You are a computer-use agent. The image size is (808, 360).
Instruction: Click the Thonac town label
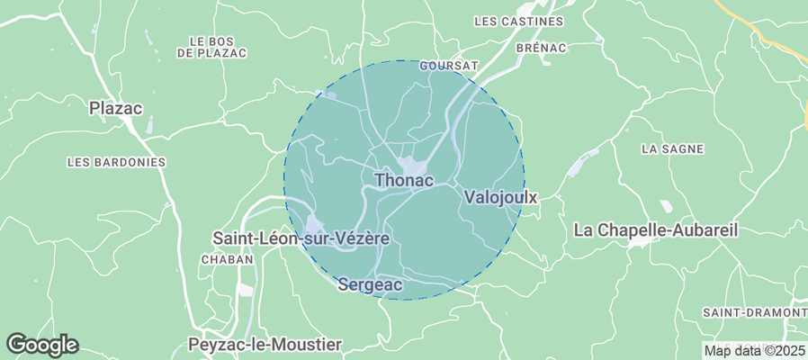pyautogui.click(x=404, y=180)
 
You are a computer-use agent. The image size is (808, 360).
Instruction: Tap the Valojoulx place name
pyautogui.click(x=500, y=196)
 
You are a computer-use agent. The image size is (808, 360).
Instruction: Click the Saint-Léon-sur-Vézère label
pyautogui.click(x=301, y=238)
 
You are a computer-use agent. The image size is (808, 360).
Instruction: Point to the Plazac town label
pyautogui.click(x=116, y=108)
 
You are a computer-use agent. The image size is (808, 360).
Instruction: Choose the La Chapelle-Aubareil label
pyautogui.click(x=655, y=230)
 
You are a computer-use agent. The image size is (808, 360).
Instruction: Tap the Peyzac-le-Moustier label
pyautogui.click(x=265, y=345)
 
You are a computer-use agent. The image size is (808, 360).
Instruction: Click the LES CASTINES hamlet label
pyautogui.click(x=517, y=21)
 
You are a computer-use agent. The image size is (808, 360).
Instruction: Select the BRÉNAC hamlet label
pyautogui.click(x=541, y=48)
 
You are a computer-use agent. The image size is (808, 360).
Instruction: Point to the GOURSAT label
pyautogui.click(x=449, y=66)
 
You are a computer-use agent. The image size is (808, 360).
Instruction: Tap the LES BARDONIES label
pyautogui.click(x=117, y=162)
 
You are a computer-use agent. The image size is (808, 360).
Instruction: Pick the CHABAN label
pyautogui.click(x=227, y=259)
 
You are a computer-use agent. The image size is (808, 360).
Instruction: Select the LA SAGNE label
pyautogui.click(x=672, y=148)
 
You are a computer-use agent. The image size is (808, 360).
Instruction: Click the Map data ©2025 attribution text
pyautogui.click(x=754, y=351)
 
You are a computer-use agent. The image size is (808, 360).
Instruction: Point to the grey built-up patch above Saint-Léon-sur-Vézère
pyautogui.click(x=315, y=223)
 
